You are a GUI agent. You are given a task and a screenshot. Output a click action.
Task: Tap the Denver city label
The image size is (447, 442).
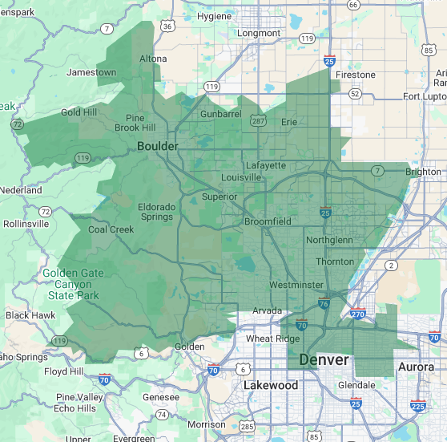click(324, 360)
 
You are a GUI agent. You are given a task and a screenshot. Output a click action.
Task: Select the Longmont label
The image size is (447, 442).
click(259, 33)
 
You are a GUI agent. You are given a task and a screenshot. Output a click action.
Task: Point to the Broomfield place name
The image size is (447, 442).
click(268, 221)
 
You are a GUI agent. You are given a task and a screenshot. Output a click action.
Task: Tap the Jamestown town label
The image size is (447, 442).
click(91, 72)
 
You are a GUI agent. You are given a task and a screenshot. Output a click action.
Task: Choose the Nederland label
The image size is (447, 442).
click(21, 191)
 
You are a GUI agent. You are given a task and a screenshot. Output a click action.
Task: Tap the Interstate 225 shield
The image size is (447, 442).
click(417, 407)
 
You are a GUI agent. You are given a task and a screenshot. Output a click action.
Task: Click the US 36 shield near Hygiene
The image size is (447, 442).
click(167, 26)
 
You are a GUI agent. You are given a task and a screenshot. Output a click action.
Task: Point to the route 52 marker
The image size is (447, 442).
click(355, 94)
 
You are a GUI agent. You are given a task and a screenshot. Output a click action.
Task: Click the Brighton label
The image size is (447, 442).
click(423, 172)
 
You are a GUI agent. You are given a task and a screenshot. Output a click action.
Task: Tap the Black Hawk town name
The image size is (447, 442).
click(30, 315)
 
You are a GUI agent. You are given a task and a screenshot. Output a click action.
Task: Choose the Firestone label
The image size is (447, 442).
click(355, 75)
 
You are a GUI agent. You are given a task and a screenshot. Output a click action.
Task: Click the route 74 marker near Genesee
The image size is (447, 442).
click(163, 415)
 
